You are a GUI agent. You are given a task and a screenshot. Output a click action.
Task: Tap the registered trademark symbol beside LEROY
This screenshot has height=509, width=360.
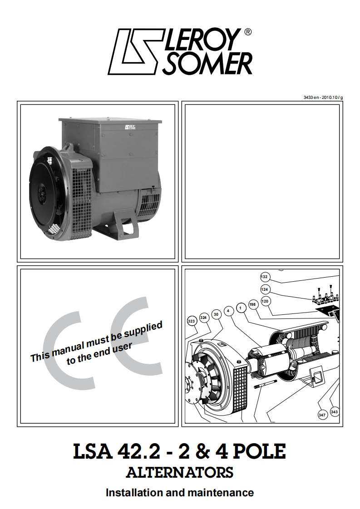tap(247, 32)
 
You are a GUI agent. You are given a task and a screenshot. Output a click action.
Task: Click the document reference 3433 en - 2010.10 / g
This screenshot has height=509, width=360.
tap(323, 98)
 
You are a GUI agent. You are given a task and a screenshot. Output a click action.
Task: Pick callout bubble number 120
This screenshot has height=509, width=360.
tap(266, 301)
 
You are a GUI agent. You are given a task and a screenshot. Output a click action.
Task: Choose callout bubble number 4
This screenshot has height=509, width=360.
tap(229, 311)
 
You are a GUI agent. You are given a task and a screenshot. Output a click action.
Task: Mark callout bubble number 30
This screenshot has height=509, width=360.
tap(216, 314)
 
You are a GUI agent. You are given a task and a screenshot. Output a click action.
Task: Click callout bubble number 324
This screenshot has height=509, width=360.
tap(204, 318)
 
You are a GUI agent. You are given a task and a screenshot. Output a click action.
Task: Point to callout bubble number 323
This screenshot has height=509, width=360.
tap(192, 321)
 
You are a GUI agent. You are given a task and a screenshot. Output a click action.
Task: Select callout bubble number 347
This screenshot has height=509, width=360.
tap(322, 415)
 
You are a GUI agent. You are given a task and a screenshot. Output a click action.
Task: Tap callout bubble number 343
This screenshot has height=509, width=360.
tap(335, 412)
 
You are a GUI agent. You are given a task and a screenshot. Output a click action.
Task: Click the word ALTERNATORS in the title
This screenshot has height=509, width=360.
tap(180, 473)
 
